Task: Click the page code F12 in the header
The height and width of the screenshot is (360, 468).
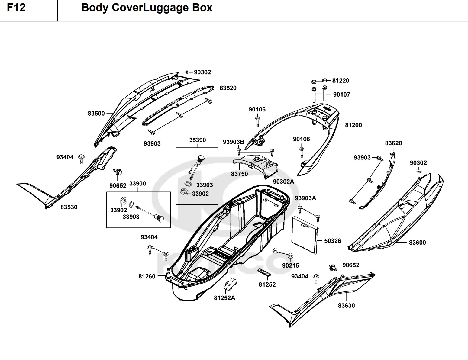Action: pos(16,8)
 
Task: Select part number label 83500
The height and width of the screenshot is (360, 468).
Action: pos(96,113)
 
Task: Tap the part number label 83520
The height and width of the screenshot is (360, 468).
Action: pos(228,88)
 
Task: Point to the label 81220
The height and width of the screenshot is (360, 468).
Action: pos(341,80)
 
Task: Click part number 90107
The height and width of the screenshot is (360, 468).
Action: pos(342,95)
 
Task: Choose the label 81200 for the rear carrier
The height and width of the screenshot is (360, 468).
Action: pos(353,125)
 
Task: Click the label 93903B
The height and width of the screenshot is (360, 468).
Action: pos(234,142)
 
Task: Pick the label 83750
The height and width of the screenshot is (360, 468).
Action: pos(239,174)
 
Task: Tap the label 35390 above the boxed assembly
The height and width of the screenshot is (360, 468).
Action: pos(198,140)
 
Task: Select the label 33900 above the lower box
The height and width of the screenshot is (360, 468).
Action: pos(137,184)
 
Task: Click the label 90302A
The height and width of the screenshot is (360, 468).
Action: pos(283,182)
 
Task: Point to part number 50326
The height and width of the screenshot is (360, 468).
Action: pos(333,241)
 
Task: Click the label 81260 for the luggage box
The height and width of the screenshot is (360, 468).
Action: pos(147,277)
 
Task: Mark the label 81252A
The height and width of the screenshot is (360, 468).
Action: pos(224,298)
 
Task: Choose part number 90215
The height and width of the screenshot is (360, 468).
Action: pos(291,265)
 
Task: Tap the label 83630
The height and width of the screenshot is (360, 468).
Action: pos(346,306)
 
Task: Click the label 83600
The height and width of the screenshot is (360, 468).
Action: pos(417,243)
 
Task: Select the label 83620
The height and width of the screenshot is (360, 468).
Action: pos(393,143)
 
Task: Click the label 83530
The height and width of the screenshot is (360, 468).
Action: pos(69,207)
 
